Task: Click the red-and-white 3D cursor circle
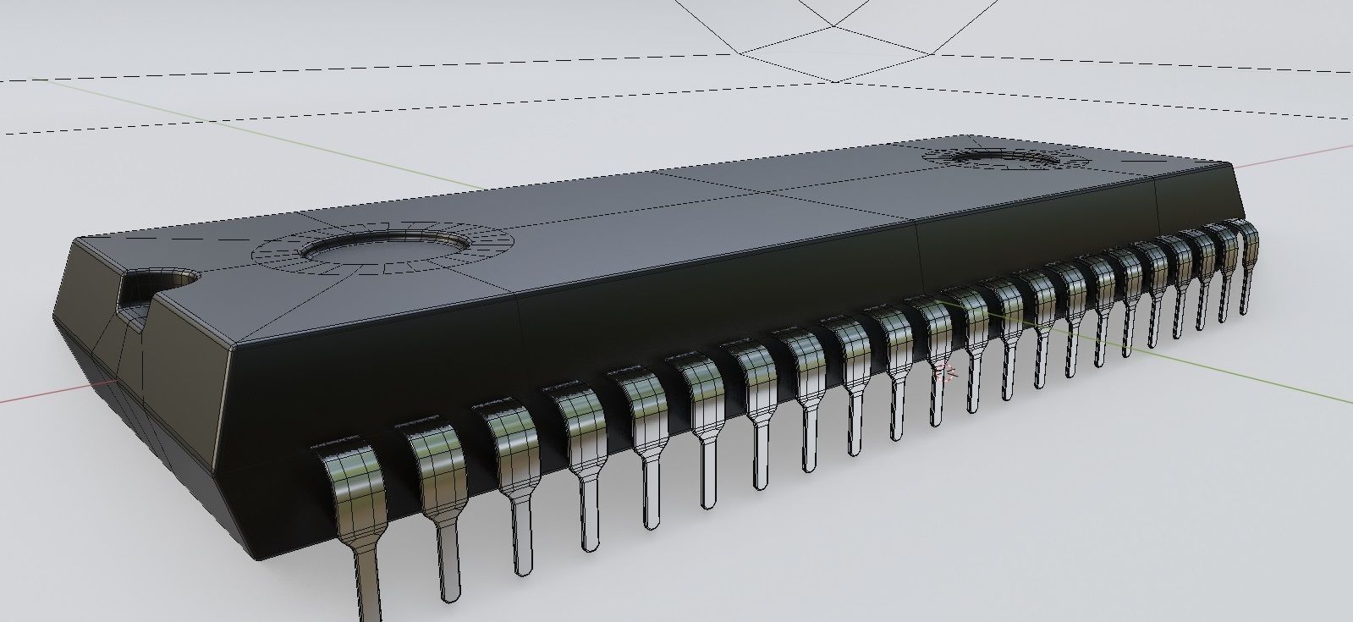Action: coord(946,370)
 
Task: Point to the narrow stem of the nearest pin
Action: coord(368,584)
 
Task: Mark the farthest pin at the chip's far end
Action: coord(1245,254)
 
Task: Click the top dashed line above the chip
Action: coord(338,81)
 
